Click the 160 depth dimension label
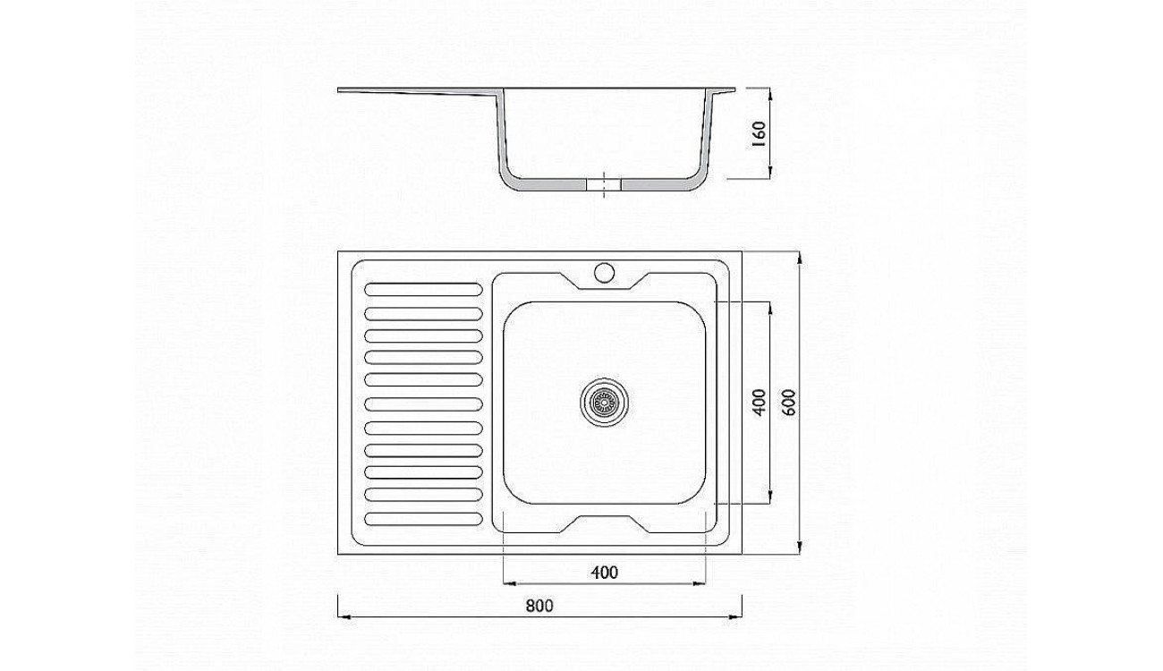759,134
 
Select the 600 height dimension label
788,403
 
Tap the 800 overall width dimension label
539,606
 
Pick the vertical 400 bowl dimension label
759,403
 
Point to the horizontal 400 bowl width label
605,573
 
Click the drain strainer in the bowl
605,402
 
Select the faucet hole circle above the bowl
605,273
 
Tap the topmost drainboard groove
424,289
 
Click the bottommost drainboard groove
424,519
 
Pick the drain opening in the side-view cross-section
604,185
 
